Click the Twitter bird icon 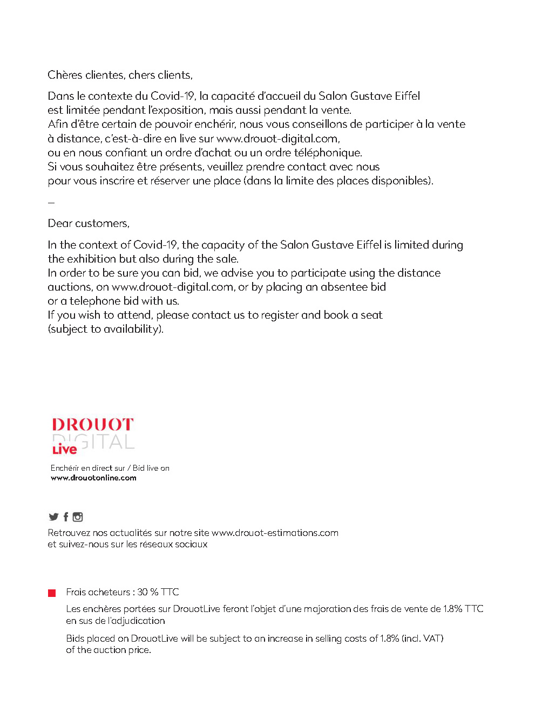pos(53,517)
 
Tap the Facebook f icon pos(66,517)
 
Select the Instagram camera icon pos(78,517)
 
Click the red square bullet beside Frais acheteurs pos(52,593)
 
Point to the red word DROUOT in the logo pos(92,424)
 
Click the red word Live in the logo pos(64,449)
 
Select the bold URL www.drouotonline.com pos(93,478)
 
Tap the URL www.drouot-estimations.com pos(275,533)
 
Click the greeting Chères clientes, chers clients pos(120,75)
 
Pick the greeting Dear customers pos(89,223)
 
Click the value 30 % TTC pos(158,592)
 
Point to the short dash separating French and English pos(51,202)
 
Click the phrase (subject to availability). pos(105,329)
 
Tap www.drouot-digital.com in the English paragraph pos(172,287)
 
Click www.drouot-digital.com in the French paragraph pos(277,139)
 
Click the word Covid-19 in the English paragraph pos(155,245)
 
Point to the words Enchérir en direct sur pos(87,468)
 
